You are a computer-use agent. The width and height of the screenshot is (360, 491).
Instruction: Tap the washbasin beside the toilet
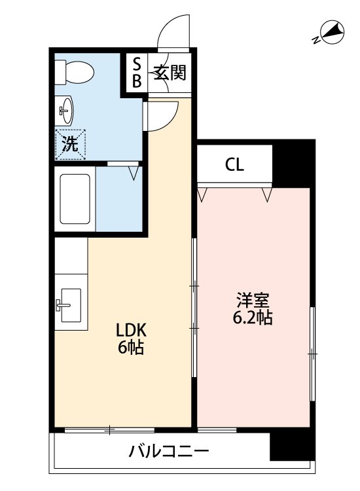pos(65,111)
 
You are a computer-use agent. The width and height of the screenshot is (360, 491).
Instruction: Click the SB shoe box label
pos(137,72)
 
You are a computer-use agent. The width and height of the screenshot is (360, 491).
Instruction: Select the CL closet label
pos(234,165)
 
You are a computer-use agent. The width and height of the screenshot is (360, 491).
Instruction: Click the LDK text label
pos(130,331)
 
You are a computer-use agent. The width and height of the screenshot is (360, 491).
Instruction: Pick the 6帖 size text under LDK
pos(130,348)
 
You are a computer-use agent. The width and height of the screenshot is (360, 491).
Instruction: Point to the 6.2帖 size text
pos(253,319)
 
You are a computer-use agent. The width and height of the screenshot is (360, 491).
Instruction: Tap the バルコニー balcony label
pos(169,451)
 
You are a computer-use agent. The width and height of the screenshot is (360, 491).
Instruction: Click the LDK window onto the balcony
pos(109,430)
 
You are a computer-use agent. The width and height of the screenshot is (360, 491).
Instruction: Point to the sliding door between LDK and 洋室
pos(194,308)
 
